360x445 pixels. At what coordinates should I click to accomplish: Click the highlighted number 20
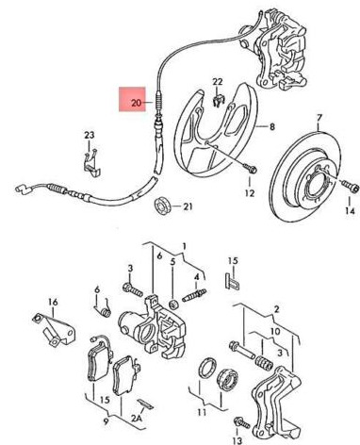coord(137,103)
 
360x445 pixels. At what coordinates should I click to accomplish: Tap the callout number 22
coord(218,82)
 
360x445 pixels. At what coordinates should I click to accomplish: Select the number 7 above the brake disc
coord(319,118)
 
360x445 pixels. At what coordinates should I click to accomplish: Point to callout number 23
coord(90,135)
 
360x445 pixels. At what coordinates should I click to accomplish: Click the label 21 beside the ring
coord(188,206)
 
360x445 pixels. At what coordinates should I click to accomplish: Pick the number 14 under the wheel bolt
coord(350,210)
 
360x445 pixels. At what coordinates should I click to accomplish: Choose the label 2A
coord(137,418)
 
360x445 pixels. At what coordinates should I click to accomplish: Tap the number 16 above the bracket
coord(53,303)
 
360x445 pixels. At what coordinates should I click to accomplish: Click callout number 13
coord(237,440)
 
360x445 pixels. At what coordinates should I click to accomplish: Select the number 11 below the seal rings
coord(202,412)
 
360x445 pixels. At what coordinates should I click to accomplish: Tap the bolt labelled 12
coord(250,168)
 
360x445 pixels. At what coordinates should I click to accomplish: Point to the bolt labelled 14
coord(350,186)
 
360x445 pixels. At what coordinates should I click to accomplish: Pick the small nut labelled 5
coord(173,305)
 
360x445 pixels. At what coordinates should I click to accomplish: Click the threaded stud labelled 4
coord(194,295)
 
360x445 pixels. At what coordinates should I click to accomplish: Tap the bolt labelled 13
coord(241,422)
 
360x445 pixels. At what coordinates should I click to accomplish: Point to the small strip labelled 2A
coord(145,404)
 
